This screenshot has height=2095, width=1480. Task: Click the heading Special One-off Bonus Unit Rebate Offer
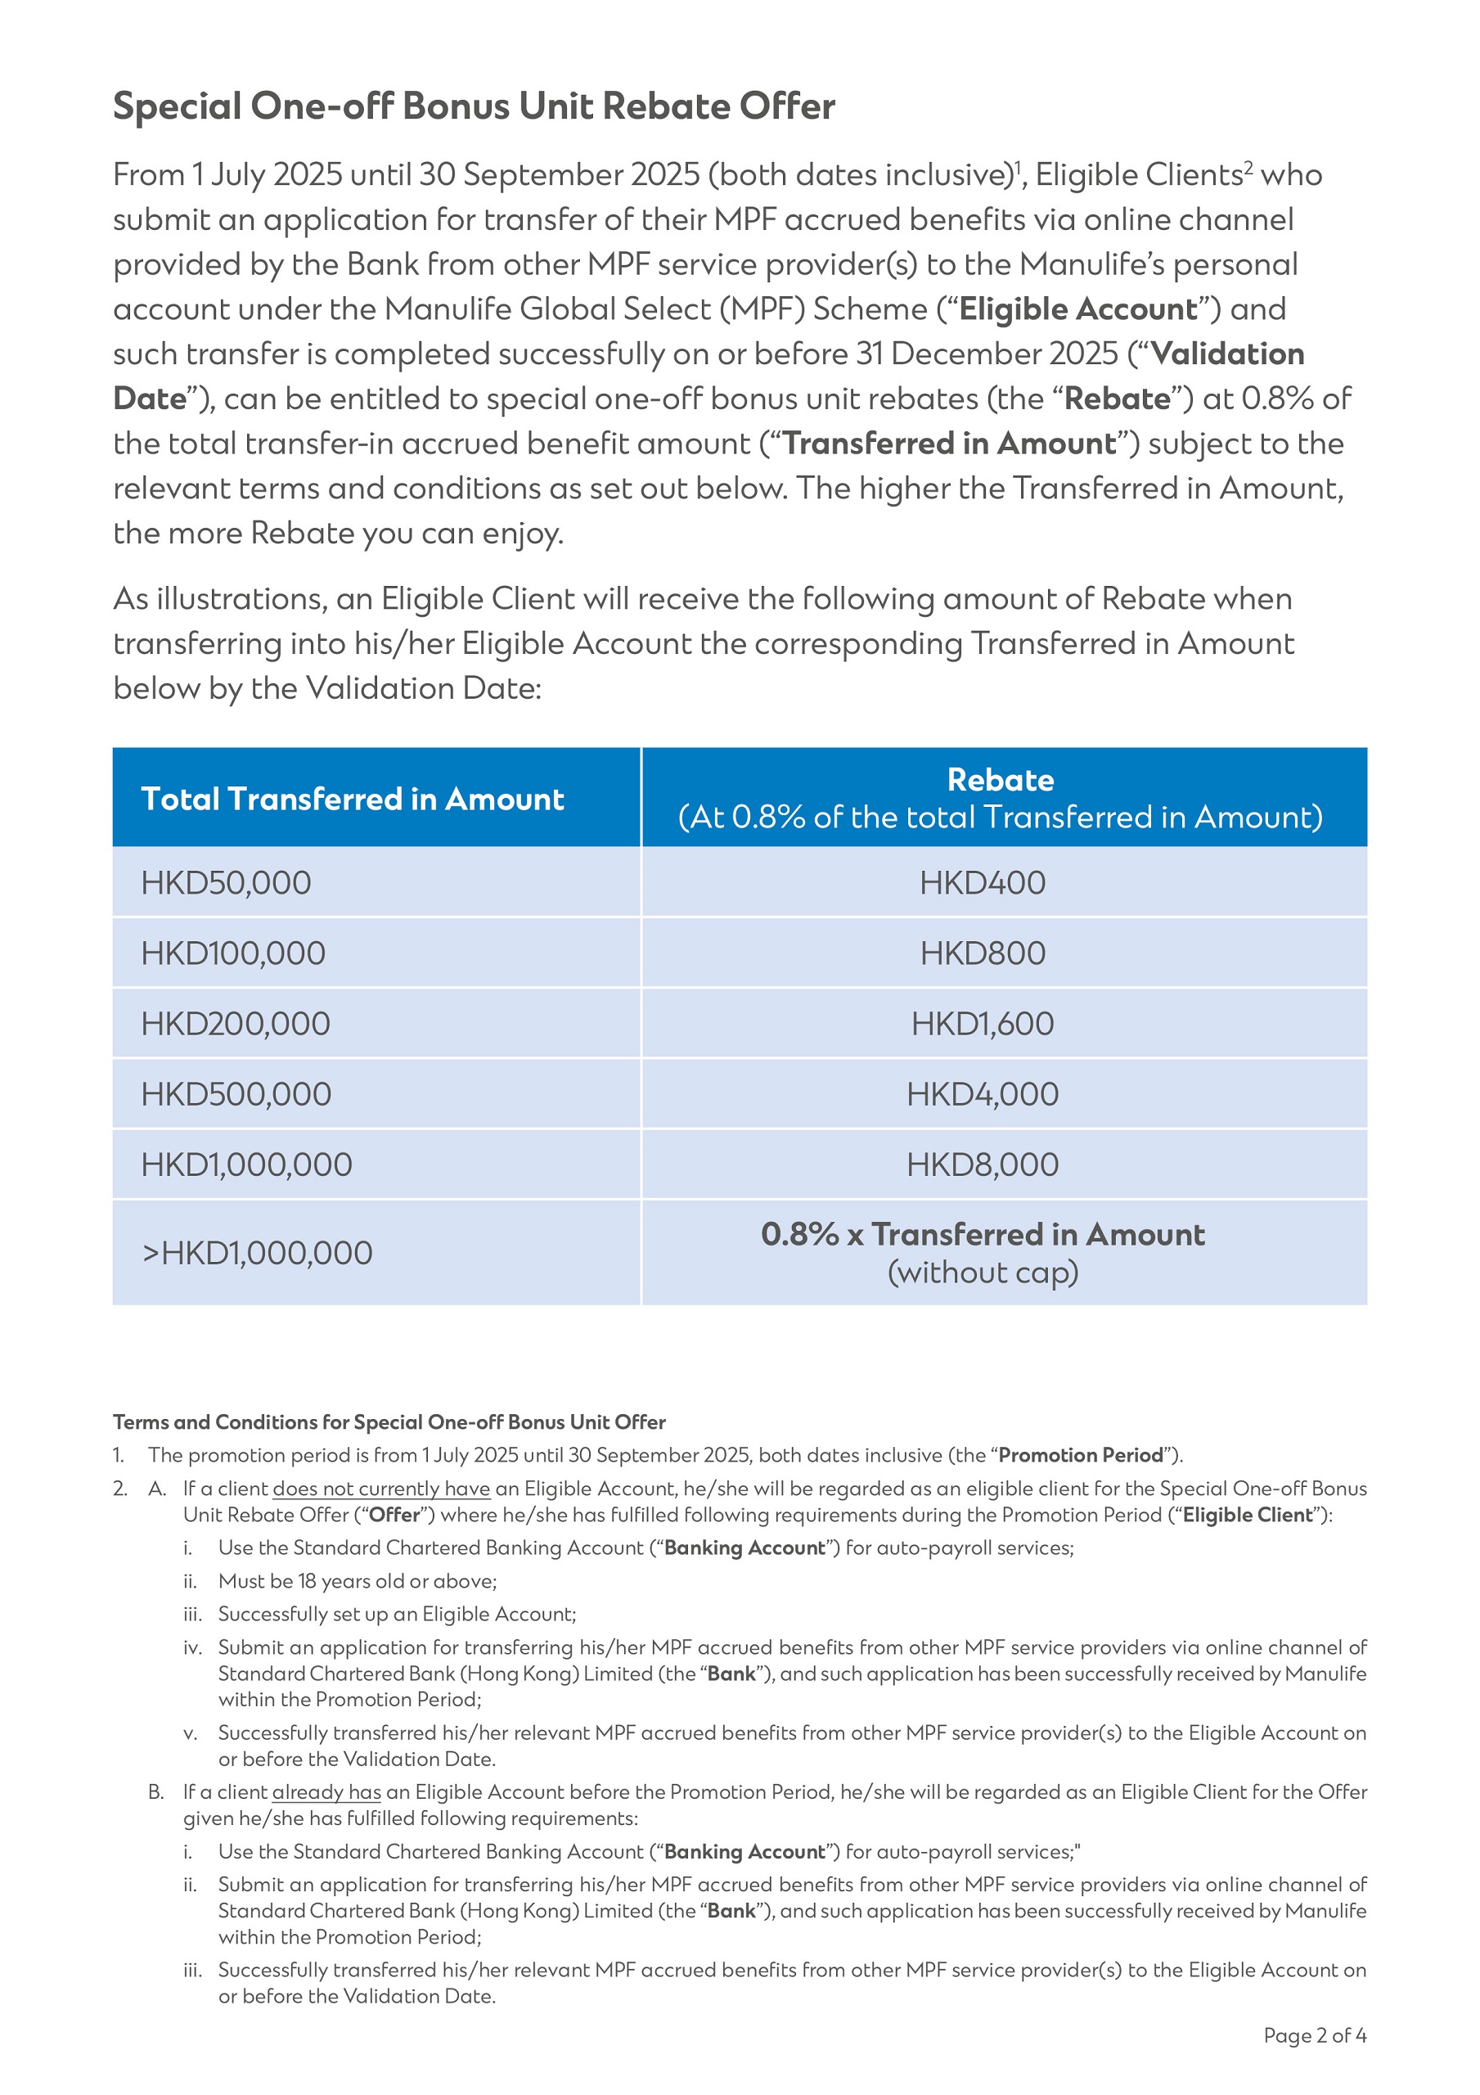(x=474, y=106)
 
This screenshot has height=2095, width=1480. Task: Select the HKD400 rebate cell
(x=982, y=882)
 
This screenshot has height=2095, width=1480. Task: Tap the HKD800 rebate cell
(x=982, y=953)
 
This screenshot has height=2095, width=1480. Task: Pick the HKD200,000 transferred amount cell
(x=236, y=1024)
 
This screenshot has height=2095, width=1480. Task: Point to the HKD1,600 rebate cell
(x=982, y=1024)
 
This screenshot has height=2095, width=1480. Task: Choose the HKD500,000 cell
(x=236, y=1094)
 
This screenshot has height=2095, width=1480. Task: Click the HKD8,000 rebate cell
(x=982, y=1165)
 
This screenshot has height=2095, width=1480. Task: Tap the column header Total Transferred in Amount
(x=353, y=800)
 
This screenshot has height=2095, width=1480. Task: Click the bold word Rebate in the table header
(x=1000, y=780)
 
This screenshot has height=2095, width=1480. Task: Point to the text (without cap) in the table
(x=982, y=1272)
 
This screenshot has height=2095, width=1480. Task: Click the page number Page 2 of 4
(x=1314, y=2036)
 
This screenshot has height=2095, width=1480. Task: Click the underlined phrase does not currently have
(x=380, y=1489)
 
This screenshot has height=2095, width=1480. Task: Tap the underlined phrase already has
(x=326, y=1791)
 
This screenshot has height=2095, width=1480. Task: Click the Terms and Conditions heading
(x=389, y=1421)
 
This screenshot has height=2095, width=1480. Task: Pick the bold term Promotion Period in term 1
(x=1081, y=1454)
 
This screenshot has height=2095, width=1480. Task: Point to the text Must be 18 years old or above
(x=357, y=1580)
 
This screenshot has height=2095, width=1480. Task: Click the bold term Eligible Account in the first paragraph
(x=1077, y=309)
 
